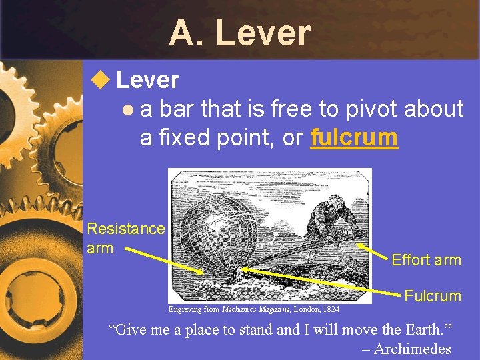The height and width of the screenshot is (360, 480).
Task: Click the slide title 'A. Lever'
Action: [x=239, y=33]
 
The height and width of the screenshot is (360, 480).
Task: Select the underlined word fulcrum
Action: [x=354, y=137]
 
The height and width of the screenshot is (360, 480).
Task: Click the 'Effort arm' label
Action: [x=426, y=260]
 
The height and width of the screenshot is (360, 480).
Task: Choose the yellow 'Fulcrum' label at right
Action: [x=433, y=296]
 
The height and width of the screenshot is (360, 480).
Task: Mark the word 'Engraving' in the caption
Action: [x=185, y=309]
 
